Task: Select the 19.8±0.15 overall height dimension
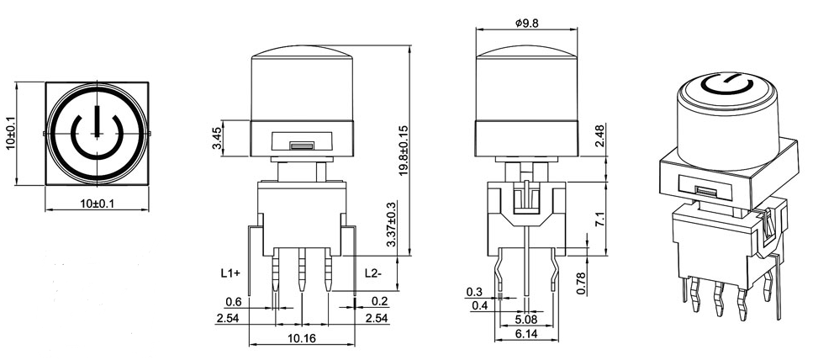[x=404, y=151]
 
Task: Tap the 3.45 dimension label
[x=217, y=139]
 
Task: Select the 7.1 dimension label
[x=599, y=220]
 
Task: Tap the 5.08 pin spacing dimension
[x=526, y=320]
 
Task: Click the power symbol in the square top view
[x=98, y=133]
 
